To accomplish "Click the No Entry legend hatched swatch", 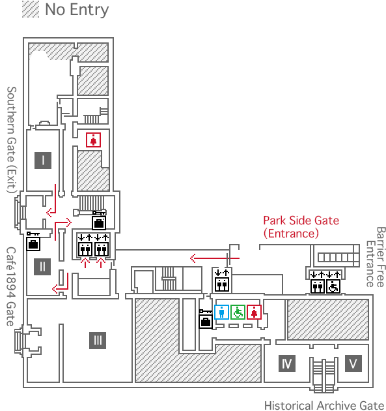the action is click(31, 9).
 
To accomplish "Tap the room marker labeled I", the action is click(43, 160).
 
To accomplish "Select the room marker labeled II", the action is click(42, 267).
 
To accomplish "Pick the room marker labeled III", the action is click(98, 341).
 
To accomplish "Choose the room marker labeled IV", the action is click(287, 363).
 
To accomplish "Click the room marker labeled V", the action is click(353, 363).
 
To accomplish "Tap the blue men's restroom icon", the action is click(221, 312).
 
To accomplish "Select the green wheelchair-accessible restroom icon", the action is click(238, 312).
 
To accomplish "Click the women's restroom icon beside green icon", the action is click(254, 312).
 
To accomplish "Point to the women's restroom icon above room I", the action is click(93, 140).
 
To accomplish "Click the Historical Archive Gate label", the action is click(324, 405).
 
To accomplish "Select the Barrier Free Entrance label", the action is click(376, 257).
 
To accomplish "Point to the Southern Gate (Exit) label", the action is click(12, 140).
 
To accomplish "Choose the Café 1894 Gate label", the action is click(10, 286).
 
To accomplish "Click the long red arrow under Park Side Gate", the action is click(215, 258).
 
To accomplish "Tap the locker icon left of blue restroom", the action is click(206, 319).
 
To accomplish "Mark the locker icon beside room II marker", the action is click(33, 241).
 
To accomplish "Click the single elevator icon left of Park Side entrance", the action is click(222, 281).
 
